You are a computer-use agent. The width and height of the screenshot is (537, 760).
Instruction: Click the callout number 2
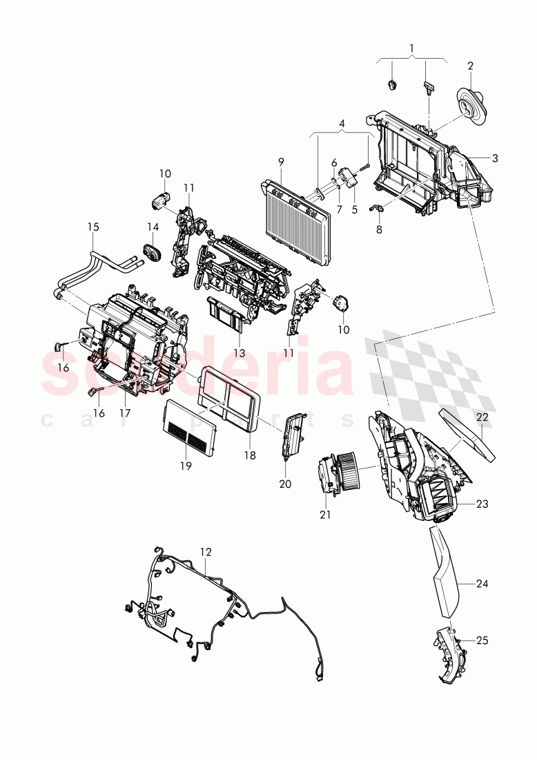pos(470,66)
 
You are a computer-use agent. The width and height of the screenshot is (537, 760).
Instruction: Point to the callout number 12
pos(206,552)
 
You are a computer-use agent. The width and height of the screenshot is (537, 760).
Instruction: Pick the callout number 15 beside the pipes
pos(93,226)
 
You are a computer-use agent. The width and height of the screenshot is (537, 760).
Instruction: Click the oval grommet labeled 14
pos(150,253)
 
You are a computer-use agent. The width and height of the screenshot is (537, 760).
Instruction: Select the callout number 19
pos(185,466)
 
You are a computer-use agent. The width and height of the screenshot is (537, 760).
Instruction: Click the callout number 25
pos(482,640)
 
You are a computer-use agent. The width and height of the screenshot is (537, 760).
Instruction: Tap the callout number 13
pos(240,353)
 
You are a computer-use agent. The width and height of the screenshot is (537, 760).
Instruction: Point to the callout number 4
pos(341,124)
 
